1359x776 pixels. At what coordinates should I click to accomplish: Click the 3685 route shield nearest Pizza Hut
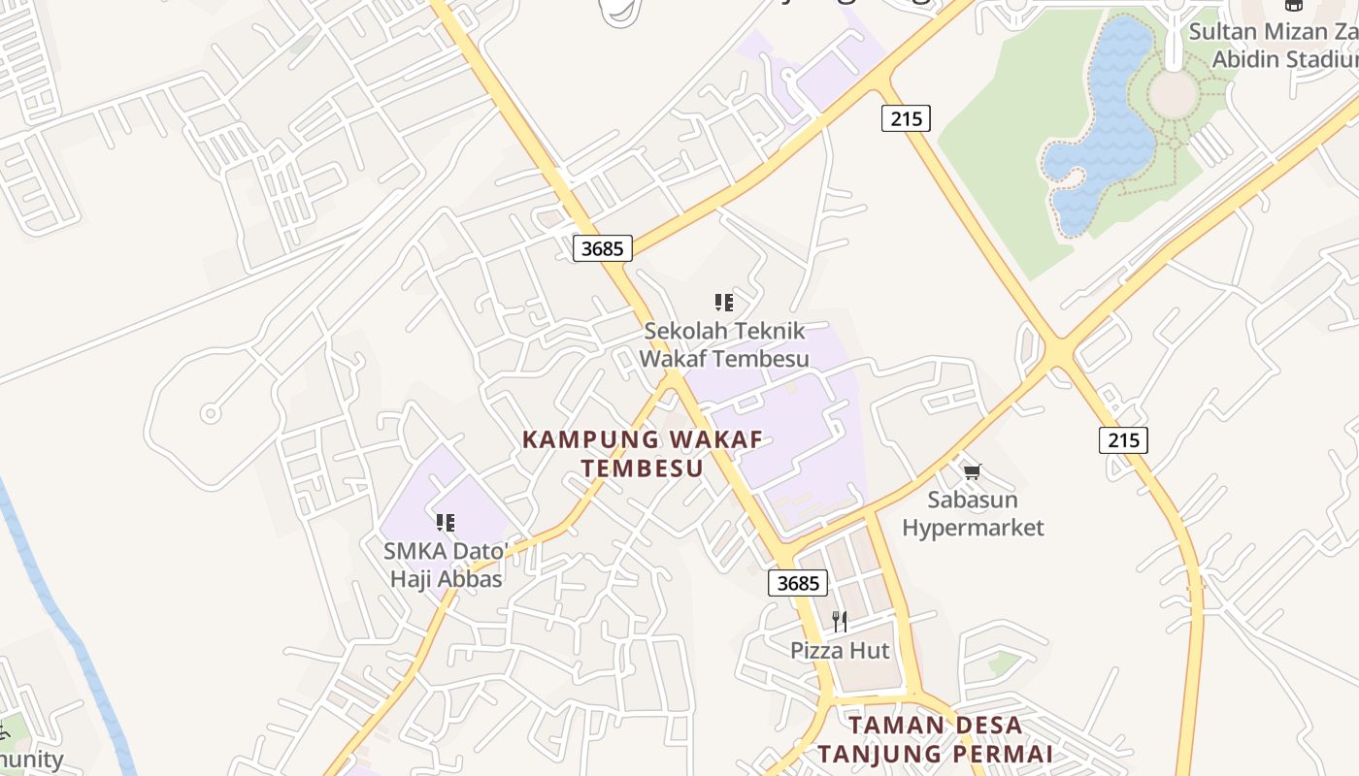798,583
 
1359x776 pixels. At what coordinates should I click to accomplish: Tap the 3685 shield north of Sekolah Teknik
602,248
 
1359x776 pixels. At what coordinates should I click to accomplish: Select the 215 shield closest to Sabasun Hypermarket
1123,440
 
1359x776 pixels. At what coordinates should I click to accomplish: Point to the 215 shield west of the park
906,118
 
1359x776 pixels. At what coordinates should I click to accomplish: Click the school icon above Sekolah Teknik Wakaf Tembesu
723,303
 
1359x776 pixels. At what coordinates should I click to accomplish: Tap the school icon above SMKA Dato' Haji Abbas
446,524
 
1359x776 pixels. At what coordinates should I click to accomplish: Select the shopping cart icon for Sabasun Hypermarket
972,472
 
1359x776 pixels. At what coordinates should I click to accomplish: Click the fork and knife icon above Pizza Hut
840,622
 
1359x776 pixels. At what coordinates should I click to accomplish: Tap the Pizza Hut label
840,650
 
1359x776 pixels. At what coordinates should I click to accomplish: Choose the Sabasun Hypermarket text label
973,514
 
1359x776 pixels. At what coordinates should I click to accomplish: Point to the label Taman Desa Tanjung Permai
935,739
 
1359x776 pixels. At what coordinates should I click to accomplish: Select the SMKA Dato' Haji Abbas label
446,566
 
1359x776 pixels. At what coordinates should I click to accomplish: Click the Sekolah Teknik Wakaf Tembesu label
724,344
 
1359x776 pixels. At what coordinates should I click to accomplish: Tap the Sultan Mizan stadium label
1272,46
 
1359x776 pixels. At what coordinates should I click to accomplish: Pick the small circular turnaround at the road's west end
210,414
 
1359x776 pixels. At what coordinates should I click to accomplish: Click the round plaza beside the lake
1174,93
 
